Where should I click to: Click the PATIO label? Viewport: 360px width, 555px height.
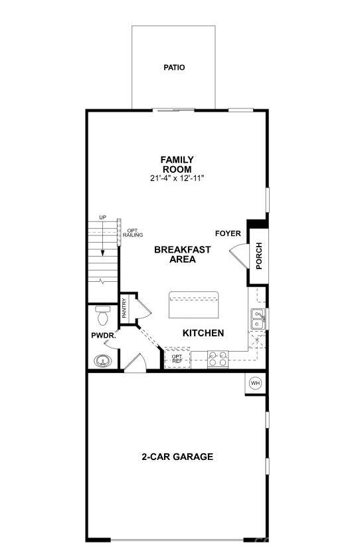coord(174,67)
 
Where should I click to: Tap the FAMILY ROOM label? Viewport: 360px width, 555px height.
coord(177,164)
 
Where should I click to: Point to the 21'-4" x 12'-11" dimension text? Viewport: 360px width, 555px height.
coord(177,179)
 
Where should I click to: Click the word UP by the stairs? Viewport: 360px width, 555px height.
coord(102,217)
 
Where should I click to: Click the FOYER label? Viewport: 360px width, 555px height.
coord(227,233)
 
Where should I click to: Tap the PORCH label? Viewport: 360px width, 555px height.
coord(258,256)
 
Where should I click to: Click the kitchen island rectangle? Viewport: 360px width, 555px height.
coord(193,305)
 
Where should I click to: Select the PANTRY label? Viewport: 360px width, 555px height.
coord(125,309)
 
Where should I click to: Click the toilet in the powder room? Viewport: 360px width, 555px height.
coord(102,312)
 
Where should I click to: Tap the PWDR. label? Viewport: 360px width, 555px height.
coord(104,336)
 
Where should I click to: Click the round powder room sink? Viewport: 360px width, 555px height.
coord(101,362)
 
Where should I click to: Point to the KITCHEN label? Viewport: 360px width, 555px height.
coord(203,333)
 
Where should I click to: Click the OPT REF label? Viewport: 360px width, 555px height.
coord(177,359)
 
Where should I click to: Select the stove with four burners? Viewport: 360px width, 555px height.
coord(217,359)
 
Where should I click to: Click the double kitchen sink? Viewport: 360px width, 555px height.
coord(258,319)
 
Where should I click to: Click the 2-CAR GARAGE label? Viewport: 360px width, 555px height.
coord(177,457)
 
